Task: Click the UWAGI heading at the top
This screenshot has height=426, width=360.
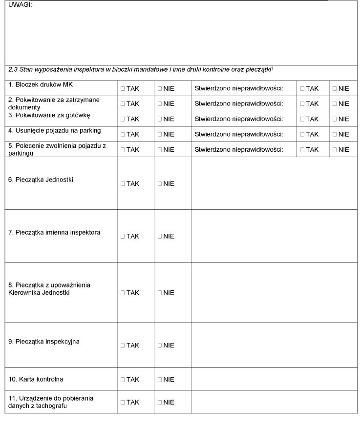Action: pyautogui.click(x=20, y=5)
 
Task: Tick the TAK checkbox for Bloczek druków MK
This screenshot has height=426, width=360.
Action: pyautogui.click(x=123, y=89)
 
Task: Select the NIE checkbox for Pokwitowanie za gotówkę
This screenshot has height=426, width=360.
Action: pyautogui.click(x=160, y=119)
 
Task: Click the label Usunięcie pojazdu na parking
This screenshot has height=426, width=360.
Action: pyautogui.click(x=54, y=130)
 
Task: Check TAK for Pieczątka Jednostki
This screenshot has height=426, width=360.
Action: pyautogui.click(x=123, y=184)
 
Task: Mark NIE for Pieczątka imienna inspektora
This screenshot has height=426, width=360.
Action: pyautogui.click(x=160, y=237)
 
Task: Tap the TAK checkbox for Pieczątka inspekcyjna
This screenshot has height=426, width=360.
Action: pyautogui.click(x=123, y=345)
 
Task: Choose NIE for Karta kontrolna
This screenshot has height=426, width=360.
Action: pyautogui.click(x=160, y=380)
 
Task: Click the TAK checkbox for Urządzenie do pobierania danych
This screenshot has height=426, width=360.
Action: pyautogui.click(x=123, y=403)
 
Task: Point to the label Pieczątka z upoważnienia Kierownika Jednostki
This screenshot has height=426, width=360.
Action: pyautogui.click(x=49, y=289)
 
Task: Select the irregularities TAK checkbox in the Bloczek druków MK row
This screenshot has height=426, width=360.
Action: pyautogui.click(x=303, y=89)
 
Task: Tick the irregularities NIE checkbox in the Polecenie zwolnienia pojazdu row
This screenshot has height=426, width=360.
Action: pyautogui.click(x=335, y=150)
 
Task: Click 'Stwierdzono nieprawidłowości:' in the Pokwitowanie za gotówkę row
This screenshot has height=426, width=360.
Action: pyautogui.click(x=238, y=119)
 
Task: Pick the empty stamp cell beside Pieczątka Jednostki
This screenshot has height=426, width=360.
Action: pyautogui.click(x=274, y=183)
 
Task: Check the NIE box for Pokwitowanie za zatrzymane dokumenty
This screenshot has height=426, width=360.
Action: pyautogui.click(x=160, y=104)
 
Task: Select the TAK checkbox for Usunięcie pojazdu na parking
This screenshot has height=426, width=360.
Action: pyautogui.click(x=123, y=135)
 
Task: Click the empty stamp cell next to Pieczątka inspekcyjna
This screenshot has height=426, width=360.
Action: pyautogui.click(x=274, y=345)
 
